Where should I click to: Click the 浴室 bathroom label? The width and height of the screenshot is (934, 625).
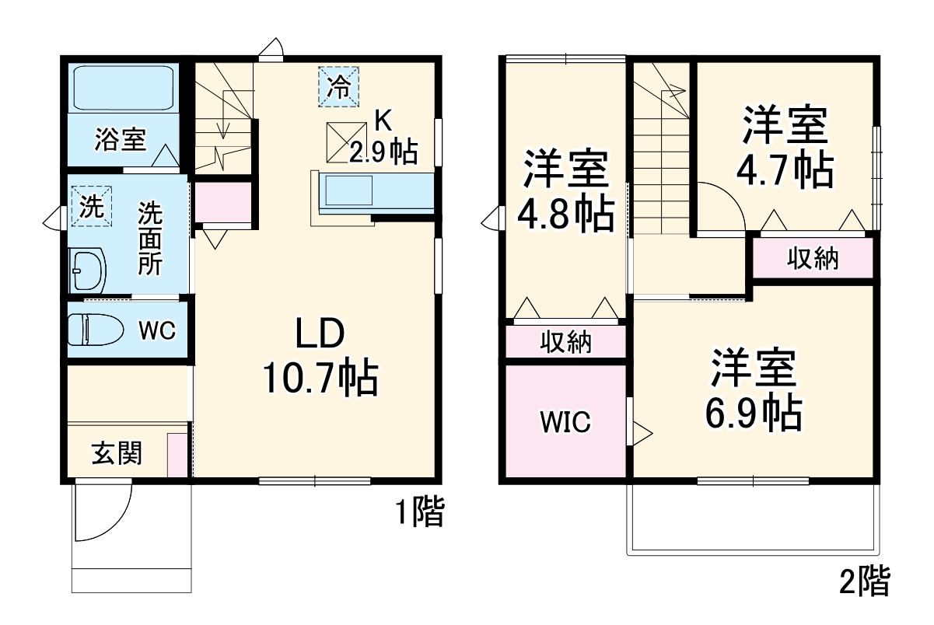(121, 140)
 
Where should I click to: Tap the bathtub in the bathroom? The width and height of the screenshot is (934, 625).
(123, 89)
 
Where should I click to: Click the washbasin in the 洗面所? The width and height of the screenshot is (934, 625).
(88, 270)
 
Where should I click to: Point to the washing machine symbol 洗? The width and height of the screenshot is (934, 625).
(92, 206)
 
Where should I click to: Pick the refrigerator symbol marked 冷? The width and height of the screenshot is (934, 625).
(338, 86)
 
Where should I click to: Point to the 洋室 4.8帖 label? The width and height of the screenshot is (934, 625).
(565, 190)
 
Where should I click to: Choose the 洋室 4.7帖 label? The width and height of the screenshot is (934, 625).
(785, 148)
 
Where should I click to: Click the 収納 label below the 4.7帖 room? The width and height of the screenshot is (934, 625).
(812, 258)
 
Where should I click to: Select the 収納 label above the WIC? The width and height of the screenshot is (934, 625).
(565, 342)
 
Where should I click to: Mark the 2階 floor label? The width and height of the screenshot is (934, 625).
(864, 581)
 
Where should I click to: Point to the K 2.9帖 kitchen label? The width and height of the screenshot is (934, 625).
(383, 138)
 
